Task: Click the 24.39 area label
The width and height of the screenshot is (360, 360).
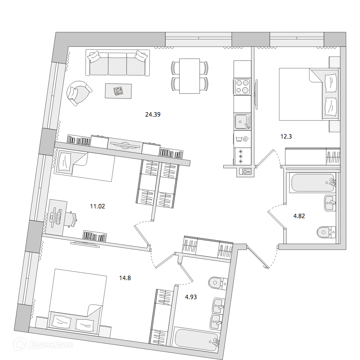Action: coord(153,115)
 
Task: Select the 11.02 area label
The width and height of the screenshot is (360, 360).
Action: coord(97,206)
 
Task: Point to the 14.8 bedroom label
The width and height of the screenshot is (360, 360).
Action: coord(125,278)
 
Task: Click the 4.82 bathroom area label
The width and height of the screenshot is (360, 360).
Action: coord(299,216)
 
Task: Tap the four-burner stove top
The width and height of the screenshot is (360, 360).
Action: coord(242,87)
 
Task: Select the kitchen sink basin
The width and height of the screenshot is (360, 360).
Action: coord(241,122)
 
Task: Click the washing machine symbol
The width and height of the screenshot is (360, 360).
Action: coord(242,139)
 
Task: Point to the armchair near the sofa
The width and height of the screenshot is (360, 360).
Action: coord(79,92)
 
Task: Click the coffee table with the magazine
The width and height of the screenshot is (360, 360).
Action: coord(118,91)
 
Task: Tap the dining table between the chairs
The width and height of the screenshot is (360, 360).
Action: coord(190,76)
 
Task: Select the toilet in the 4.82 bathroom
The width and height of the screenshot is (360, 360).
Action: coord(326,232)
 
